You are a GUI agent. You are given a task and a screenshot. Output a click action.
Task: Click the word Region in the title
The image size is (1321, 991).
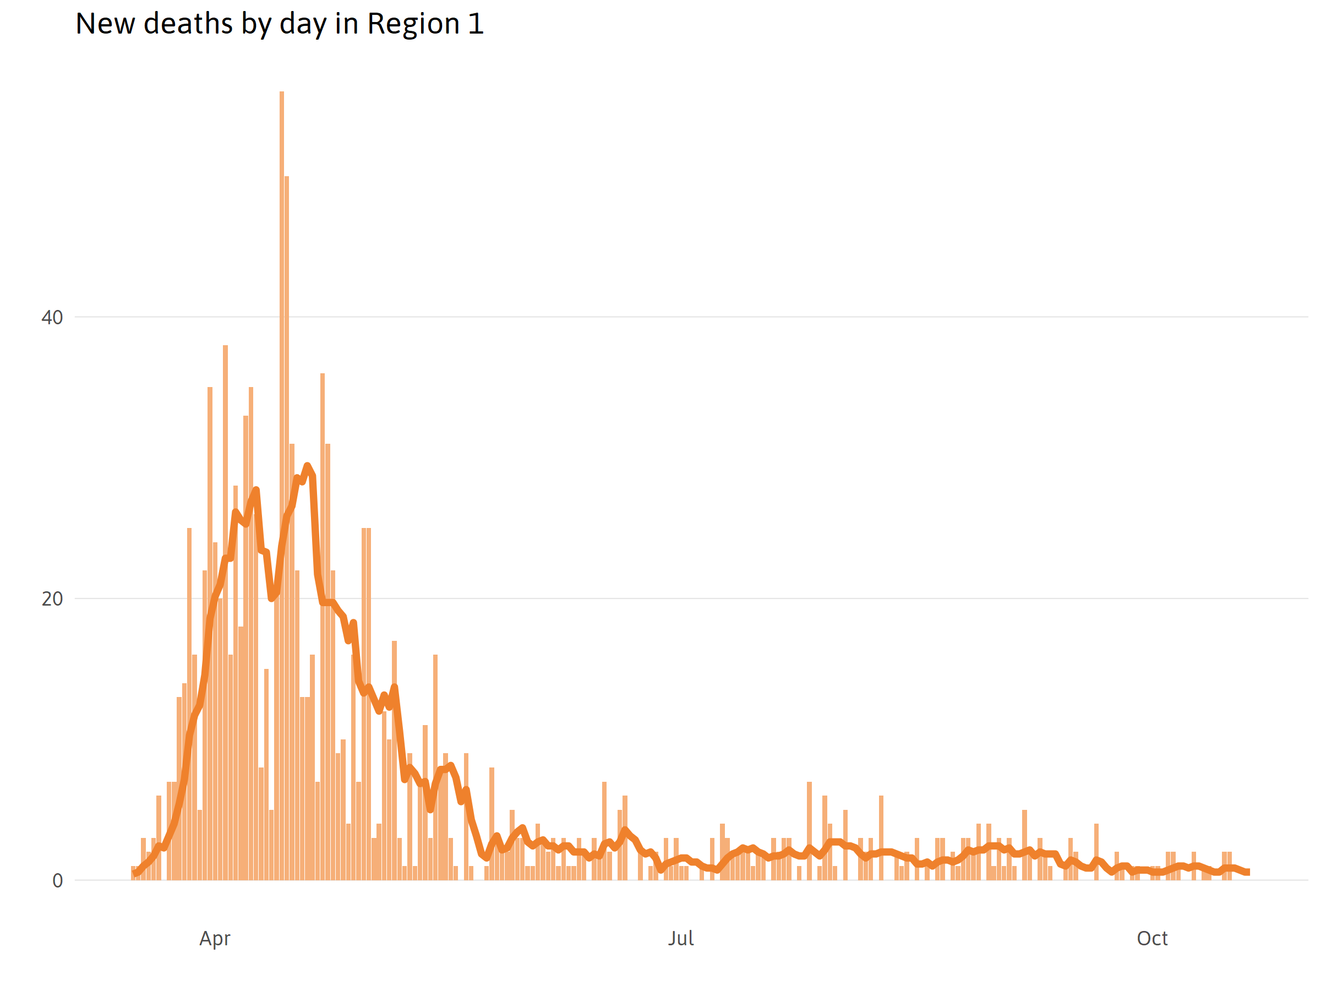coord(413,24)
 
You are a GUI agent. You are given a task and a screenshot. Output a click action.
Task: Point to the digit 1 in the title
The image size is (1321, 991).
coord(476,24)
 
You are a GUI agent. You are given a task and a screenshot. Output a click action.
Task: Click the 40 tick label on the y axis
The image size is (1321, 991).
coord(52,318)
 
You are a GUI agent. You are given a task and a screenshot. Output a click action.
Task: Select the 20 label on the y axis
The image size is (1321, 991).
coord(52,599)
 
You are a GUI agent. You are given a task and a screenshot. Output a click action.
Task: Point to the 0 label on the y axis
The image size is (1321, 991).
coord(57,881)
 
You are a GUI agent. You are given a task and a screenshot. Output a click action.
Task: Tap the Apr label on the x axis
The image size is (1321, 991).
coord(215,939)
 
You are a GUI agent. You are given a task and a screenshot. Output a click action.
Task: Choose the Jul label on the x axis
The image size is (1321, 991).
coord(681,939)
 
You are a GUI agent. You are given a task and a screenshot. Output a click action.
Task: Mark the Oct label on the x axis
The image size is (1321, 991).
coord(1152,939)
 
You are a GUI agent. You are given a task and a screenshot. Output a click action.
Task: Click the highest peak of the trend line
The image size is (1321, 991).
coord(307,466)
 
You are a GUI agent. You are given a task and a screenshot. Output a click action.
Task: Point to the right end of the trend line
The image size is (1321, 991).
coord(1248,872)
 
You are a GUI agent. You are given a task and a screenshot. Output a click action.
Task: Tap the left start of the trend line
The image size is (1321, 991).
coord(135,873)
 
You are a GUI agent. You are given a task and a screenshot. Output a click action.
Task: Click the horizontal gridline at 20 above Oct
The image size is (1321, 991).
coord(1152,598)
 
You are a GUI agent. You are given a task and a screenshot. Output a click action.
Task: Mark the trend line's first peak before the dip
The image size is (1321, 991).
coord(256,491)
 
